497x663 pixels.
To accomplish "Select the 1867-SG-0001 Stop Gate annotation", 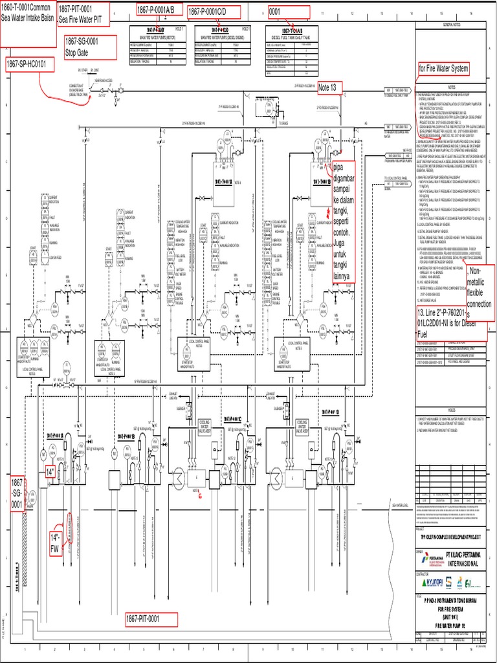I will (x=89, y=47).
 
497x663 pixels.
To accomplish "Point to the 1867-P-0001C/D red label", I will (x=214, y=12).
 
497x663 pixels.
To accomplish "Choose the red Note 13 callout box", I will (x=329, y=88).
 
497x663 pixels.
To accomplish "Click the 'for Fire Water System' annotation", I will (x=443, y=69).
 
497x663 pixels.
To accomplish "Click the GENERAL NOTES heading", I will (x=452, y=24).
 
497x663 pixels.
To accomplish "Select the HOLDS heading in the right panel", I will (x=452, y=409).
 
